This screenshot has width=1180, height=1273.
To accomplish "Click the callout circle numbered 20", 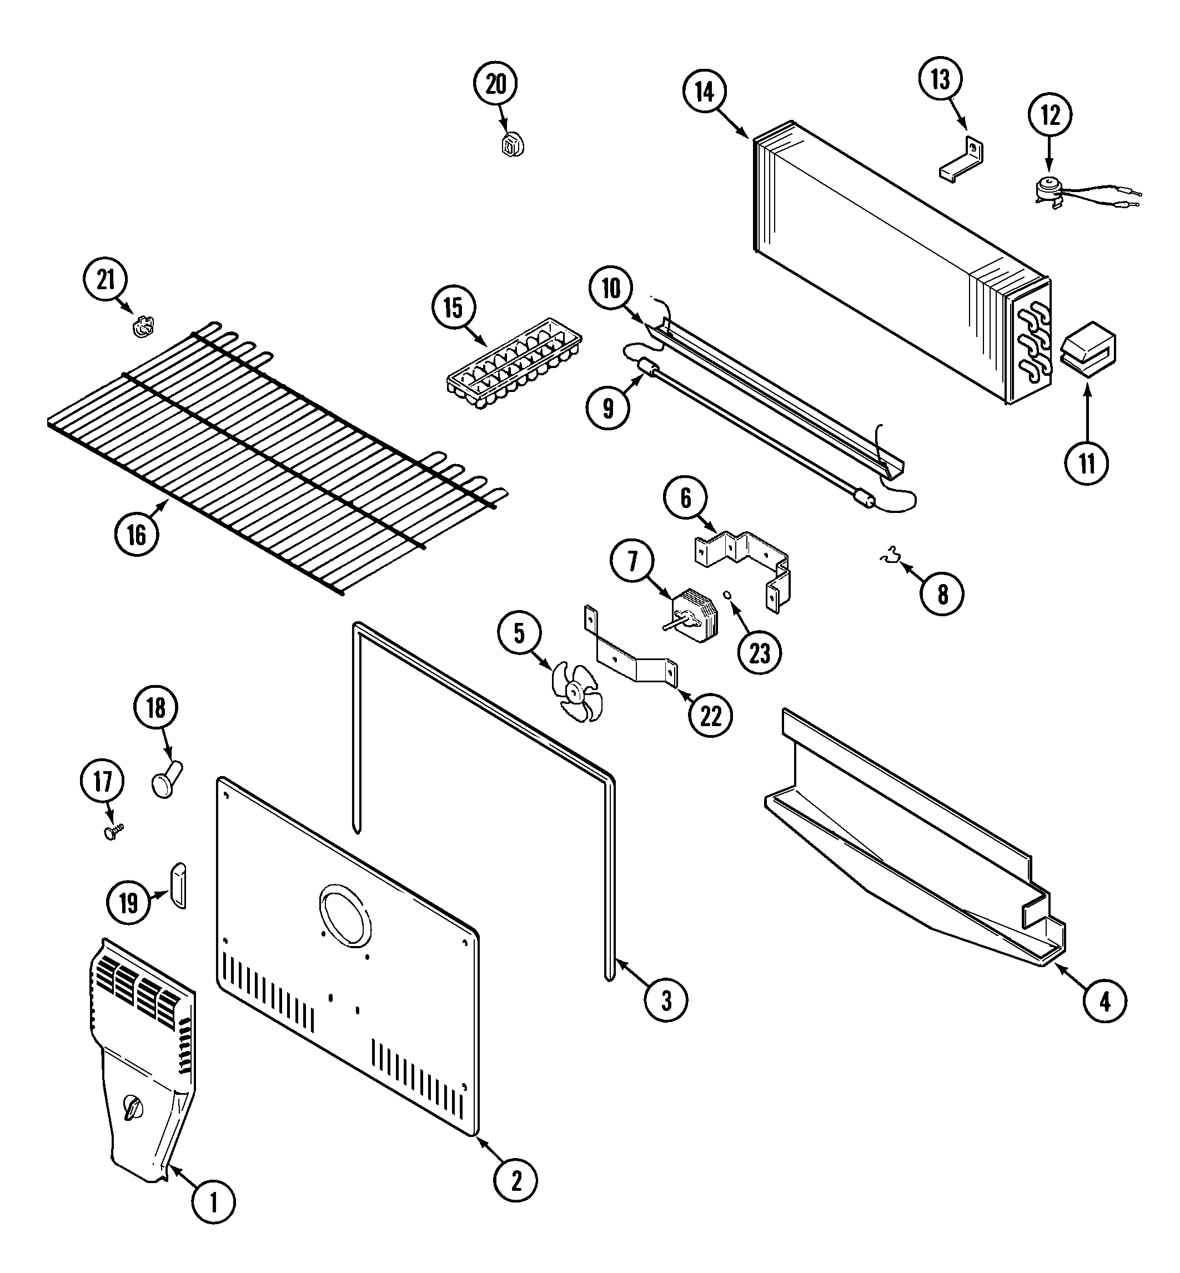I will (x=495, y=84).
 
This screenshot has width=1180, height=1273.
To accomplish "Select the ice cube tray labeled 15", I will (x=514, y=364).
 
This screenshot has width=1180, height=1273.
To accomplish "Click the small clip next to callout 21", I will (x=144, y=326).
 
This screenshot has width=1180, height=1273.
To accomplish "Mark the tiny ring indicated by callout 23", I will (x=727, y=595).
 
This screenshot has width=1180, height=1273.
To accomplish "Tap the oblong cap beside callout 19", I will (x=178, y=885).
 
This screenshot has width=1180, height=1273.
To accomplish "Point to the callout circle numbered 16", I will (x=137, y=535).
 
